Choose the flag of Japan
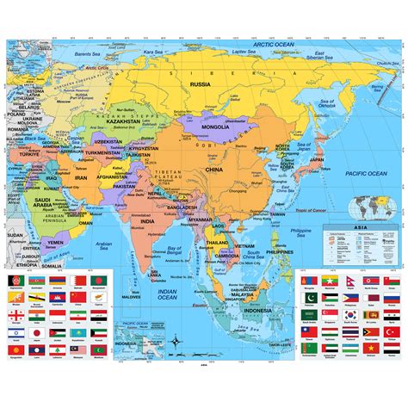(x=37, y=332)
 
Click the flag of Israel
(x=16, y=332)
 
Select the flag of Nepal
(x=350, y=281)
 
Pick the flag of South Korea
(x=350, y=314)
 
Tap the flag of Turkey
(x=392, y=331)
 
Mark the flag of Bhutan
(x=16, y=297)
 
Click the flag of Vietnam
(x=371, y=348)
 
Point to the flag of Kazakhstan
(x=78, y=332)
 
